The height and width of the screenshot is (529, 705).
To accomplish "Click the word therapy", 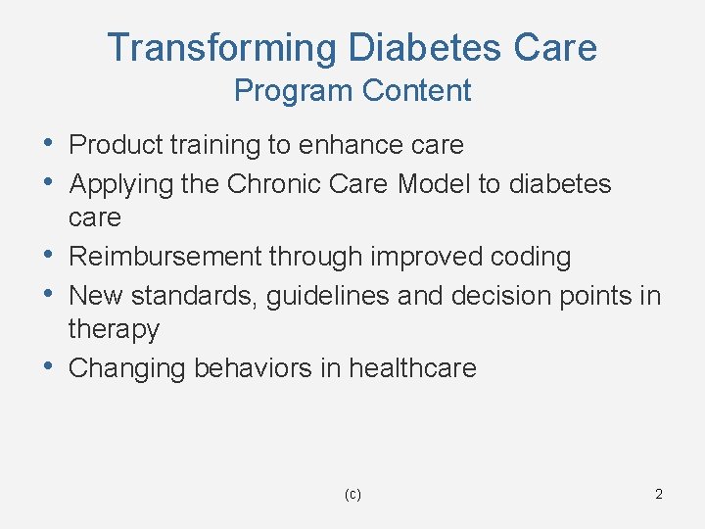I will [x=114, y=330].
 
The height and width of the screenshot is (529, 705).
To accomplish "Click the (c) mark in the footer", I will [x=352, y=495].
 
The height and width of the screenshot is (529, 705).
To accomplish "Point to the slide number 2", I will [x=659, y=494].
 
